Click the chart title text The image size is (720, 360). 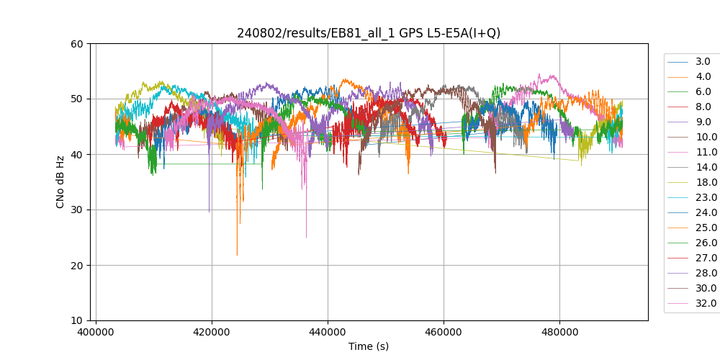[369, 33]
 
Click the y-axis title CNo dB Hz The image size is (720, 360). [60, 182]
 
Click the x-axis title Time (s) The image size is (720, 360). [369, 346]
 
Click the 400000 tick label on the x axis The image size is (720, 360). [96, 333]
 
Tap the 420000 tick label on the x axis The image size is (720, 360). [212, 333]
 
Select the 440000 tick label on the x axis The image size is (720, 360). [328, 333]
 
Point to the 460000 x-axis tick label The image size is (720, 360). [444, 333]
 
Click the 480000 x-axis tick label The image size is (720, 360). [559, 333]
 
